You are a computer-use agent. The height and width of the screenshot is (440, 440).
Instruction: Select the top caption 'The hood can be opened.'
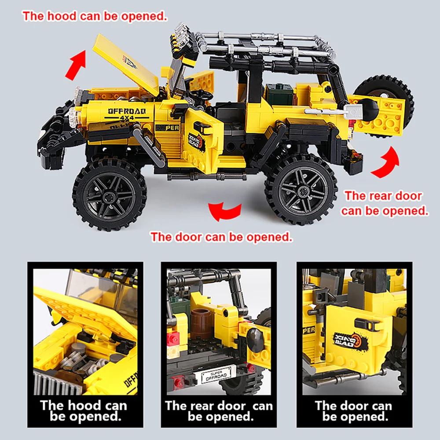tap(95, 17)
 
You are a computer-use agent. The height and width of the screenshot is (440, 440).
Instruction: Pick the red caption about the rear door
tap(385, 203)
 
